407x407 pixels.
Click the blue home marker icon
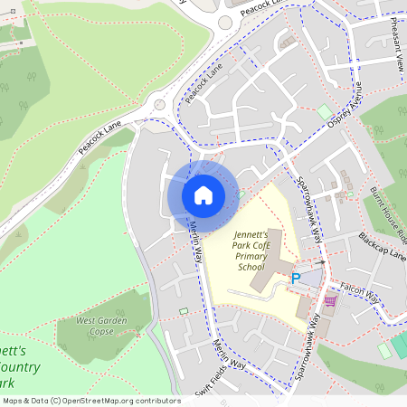[x=203, y=194]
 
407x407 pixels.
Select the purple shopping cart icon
[x=330, y=300]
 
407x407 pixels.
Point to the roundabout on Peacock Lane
[x=160, y=104]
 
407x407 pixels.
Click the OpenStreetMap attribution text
[x=91, y=400]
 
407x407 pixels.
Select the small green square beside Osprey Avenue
[x=324, y=112]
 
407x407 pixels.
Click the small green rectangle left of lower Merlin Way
[x=185, y=312]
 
